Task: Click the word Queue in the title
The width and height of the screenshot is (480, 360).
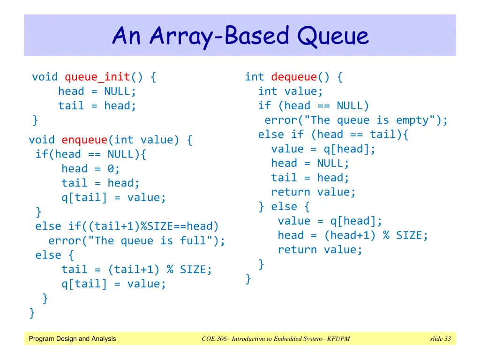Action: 333,36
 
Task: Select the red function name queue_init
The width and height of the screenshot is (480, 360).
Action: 97,77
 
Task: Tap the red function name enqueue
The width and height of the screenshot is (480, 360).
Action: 84,140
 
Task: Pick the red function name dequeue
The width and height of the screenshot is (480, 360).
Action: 294,77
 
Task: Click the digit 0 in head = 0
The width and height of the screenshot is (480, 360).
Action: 111,169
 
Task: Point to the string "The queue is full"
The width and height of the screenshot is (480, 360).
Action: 150,240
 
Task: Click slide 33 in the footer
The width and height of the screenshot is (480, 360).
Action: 441,338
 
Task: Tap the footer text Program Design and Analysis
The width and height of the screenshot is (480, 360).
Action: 72,338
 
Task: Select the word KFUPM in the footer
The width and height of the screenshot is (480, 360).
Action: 338,338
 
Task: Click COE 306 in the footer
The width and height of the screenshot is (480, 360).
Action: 214,338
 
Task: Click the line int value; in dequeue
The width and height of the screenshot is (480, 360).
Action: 290,91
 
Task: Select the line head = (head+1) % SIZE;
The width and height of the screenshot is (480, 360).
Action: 352,235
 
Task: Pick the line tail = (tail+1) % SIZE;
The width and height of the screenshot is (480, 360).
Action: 136,270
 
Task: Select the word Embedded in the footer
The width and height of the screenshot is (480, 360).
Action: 286,338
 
